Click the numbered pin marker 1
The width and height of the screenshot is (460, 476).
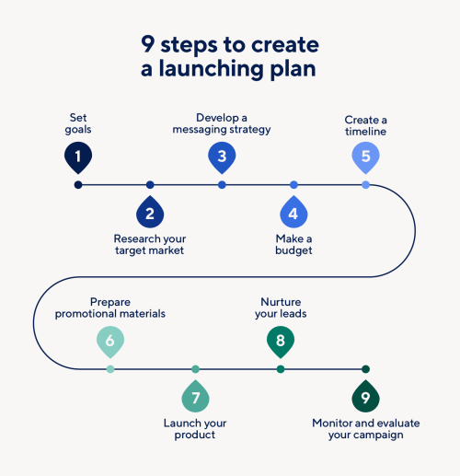pos(78,157)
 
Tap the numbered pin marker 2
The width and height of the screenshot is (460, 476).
pos(150,213)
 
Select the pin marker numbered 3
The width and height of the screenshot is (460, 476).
pos(222,157)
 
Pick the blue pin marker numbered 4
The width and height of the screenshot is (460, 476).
pos(293,213)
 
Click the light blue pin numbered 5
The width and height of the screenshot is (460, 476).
pos(365,157)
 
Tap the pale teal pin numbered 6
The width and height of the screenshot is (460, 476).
pos(110,342)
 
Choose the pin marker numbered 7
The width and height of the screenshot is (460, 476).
pos(195,397)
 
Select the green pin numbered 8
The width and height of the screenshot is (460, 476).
pos(281,342)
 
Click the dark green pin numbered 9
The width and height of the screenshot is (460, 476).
pos(365,397)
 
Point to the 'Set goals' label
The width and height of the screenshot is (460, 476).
pos(78,123)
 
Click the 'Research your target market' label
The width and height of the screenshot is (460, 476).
pos(150,244)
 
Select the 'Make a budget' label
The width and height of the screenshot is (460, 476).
pos(293,244)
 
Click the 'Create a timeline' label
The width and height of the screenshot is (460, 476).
pos(365,125)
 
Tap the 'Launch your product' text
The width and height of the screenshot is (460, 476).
pos(195,428)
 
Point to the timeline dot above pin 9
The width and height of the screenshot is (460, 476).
pos(365,369)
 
